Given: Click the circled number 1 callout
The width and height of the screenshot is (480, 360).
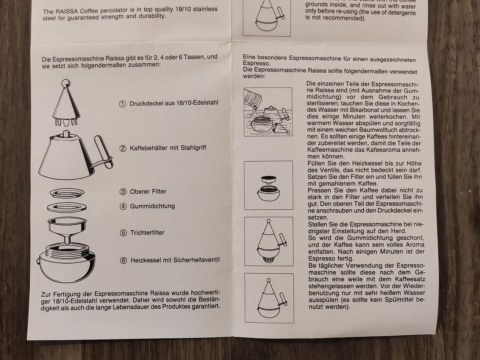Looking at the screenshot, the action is [x=123, y=104].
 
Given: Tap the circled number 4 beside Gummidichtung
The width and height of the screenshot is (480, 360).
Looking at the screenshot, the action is [x=123, y=207].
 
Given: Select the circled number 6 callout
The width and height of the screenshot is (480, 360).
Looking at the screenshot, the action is [x=123, y=261].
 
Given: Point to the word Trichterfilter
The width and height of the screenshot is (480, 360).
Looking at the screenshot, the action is [x=147, y=232].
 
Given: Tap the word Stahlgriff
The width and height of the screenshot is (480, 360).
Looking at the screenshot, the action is [x=193, y=148].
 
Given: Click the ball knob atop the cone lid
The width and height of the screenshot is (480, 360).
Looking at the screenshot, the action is [x=66, y=83].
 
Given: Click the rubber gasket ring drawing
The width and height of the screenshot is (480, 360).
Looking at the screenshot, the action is [x=67, y=207].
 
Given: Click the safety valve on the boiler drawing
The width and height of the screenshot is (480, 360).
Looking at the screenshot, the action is [x=37, y=261].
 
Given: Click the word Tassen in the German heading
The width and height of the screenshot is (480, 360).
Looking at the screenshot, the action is [x=194, y=57].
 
